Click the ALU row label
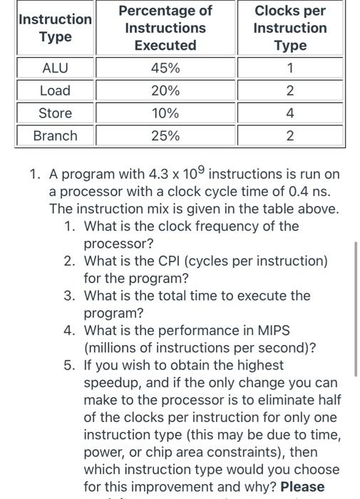(55, 68)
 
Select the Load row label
(55, 91)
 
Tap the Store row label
(55, 113)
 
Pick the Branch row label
(55, 135)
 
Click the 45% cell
(165, 68)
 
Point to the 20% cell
(165, 91)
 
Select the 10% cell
(165, 113)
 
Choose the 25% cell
(165, 135)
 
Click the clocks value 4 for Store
(290, 113)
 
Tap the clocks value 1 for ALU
(290, 68)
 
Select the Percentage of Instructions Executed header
(165, 28)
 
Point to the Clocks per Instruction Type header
(290, 28)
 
